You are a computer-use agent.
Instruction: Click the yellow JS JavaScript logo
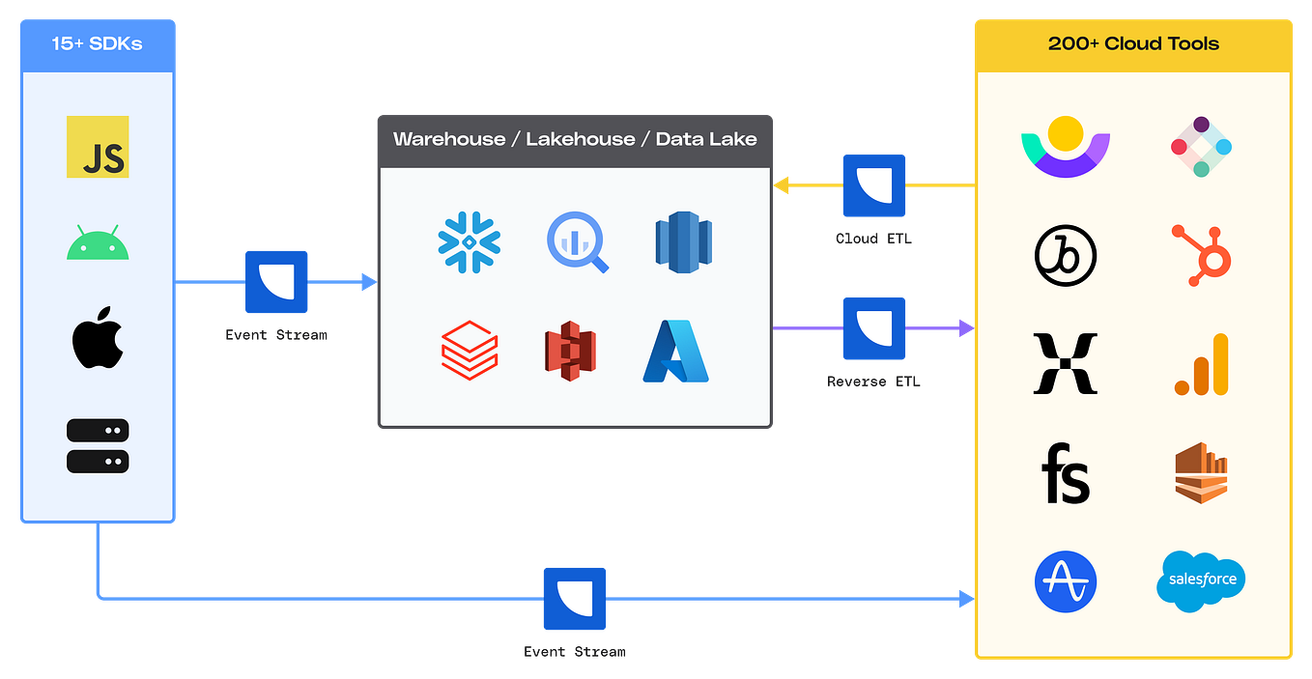coord(98,148)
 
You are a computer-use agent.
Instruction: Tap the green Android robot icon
coord(98,242)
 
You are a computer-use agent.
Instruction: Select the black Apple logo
coord(98,339)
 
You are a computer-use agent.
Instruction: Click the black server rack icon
coord(98,445)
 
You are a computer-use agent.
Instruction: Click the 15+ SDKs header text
coord(98,43)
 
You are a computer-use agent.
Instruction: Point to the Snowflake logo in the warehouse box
coord(469,239)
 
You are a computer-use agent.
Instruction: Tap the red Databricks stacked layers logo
coord(470,350)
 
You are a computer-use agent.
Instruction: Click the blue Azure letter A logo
coord(675,350)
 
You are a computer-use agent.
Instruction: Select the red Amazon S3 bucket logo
coord(570,351)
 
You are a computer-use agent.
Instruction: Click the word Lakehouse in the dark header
coord(581,139)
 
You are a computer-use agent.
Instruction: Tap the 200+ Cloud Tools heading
coord(1133,43)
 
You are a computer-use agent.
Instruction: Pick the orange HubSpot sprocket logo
coord(1201,254)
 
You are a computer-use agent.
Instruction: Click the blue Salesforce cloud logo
coord(1201,580)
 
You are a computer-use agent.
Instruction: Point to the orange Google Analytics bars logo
coord(1203,365)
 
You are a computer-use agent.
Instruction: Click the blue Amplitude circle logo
coord(1066,581)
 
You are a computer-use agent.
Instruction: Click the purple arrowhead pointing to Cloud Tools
coord(963,328)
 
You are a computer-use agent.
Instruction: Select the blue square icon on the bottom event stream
coord(575,599)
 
